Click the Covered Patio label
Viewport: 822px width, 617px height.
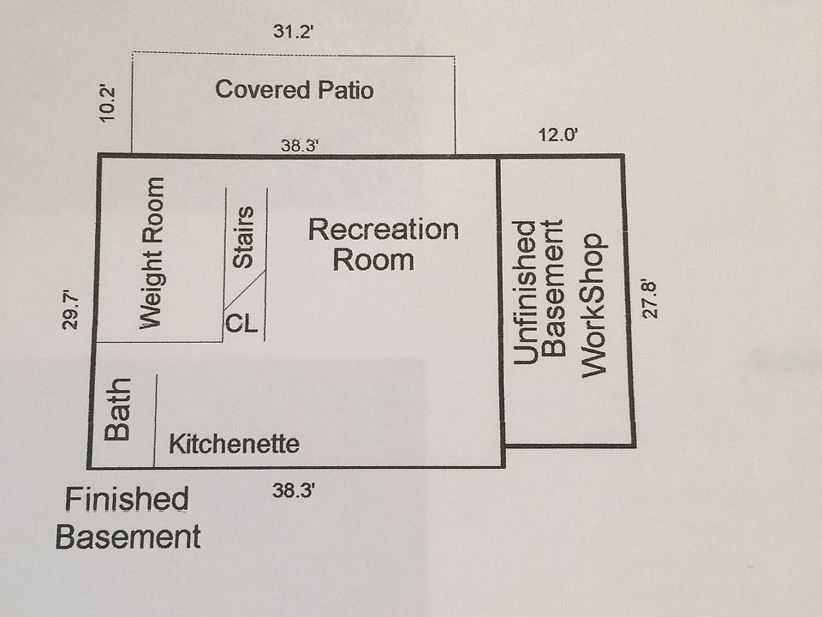[x=294, y=90]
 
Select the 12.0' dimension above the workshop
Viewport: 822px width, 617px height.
[x=559, y=135]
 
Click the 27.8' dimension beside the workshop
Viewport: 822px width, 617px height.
[x=653, y=297]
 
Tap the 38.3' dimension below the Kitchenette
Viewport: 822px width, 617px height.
[x=295, y=491]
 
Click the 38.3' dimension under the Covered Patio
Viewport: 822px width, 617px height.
[x=300, y=147]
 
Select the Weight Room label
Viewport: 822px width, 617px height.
[x=151, y=253]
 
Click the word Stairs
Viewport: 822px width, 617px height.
[x=244, y=237]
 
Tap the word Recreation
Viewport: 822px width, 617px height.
[x=383, y=230]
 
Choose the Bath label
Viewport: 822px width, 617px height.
[x=117, y=410]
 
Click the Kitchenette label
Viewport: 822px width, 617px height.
[x=234, y=445]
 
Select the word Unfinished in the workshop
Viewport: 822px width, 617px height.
[x=526, y=293]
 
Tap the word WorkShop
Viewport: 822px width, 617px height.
[x=593, y=305]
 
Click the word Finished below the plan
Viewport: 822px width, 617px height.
[x=127, y=499]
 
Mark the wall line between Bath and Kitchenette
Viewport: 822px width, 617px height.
[x=155, y=420]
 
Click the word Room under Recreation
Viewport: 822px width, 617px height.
[x=372, y=259]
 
